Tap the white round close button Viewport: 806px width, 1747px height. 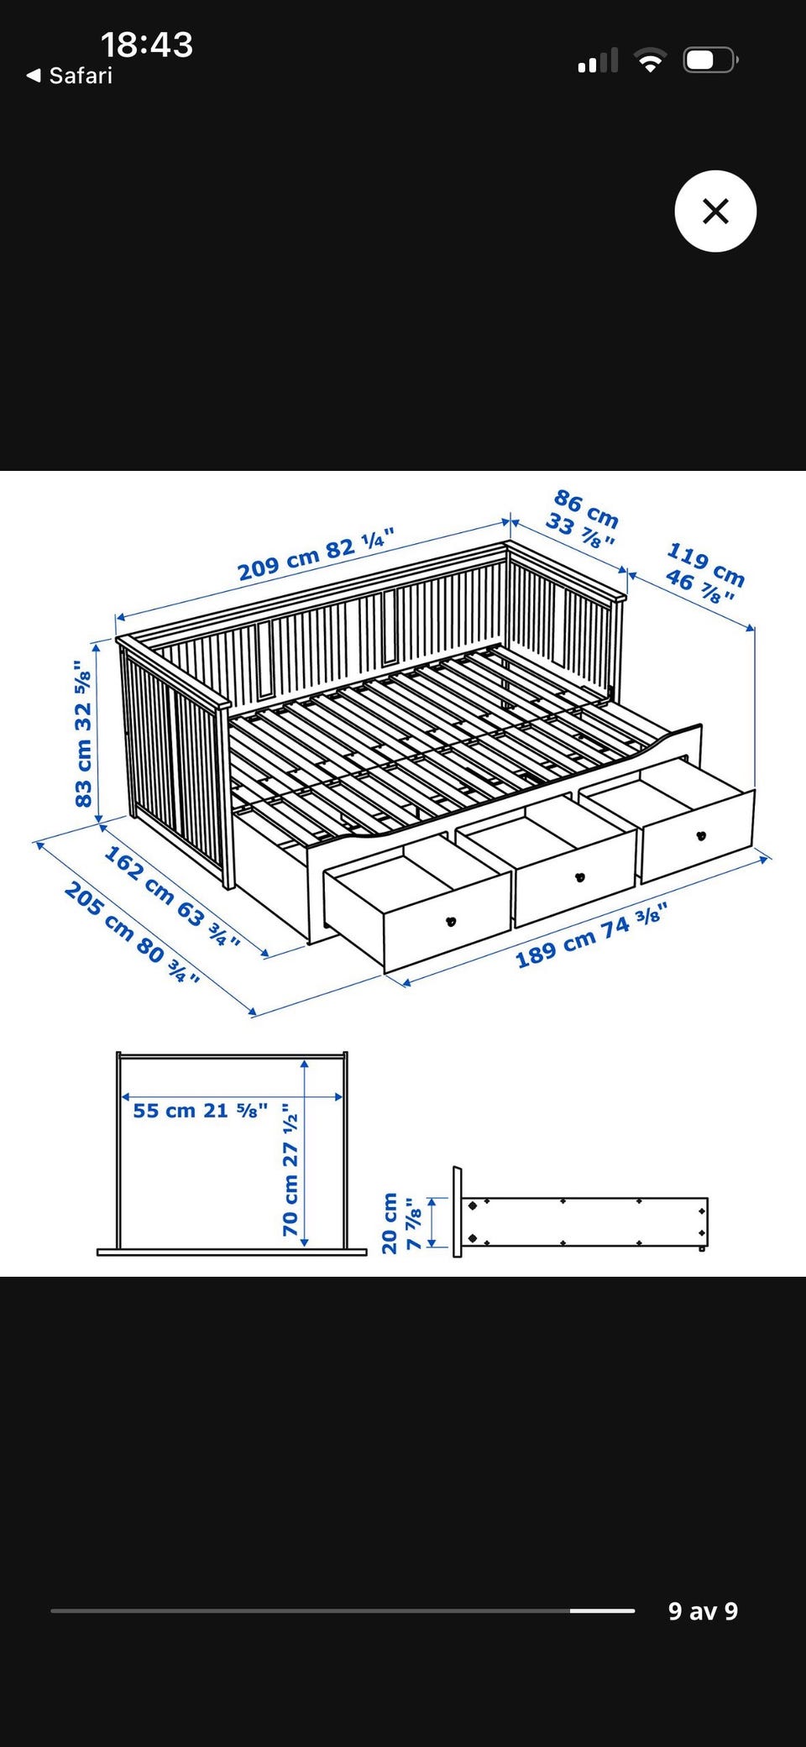pos(715,211)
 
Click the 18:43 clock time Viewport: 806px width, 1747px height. pos(147,44)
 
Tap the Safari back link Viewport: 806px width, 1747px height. pos(70,76)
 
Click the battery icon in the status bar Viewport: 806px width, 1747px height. pos(710,60)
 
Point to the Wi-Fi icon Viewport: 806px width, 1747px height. pos(650,60)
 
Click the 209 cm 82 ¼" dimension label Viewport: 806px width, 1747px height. pos(316,555)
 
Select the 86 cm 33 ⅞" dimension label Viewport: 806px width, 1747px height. pos(584,519)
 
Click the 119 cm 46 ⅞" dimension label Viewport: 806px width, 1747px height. pos(704,574)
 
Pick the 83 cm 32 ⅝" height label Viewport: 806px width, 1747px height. pos(83,734)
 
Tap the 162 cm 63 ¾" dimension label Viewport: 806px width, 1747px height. pos(172,897)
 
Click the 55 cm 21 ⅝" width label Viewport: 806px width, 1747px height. pos(201,1111)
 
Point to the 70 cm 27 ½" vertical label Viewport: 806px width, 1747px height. pos(290,1169)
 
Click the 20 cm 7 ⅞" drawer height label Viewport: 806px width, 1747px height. pos(401,1223)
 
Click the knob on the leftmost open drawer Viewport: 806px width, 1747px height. pos(451,921)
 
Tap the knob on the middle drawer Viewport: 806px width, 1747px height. pos(579,877)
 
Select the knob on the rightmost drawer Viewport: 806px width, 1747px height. pos(701,835)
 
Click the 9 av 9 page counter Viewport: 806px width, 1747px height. pos(703,1611)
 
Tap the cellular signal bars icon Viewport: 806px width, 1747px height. pos(598,60)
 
